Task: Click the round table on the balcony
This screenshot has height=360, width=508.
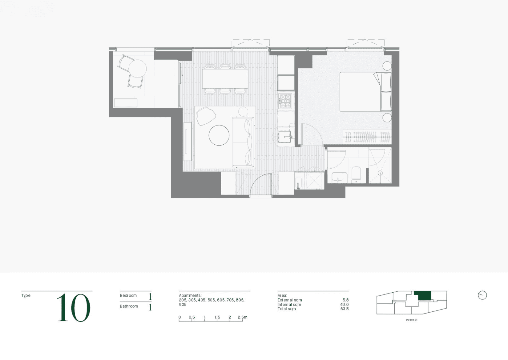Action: coord(137,69)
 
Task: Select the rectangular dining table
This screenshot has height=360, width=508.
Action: coord(225,78)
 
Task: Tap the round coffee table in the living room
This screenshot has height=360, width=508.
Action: coord(219,135)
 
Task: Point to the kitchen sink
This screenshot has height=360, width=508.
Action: coord(285,137)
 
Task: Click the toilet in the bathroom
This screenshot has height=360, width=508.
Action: coord(356,175)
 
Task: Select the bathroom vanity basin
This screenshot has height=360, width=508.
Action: coord(339,178)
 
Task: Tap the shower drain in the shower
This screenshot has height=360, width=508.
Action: coord(380,173)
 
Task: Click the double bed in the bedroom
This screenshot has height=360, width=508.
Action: coord(365,92)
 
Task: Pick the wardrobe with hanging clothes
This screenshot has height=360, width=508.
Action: coord(367,137)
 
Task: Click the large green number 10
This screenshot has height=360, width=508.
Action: coord(74,308)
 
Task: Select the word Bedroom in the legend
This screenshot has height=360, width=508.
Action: coord(128,295)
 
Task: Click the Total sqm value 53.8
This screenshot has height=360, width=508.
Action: coord(344,309)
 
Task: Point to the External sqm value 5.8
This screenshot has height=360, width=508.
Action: coord(346,300)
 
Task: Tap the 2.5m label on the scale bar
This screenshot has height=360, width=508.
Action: coord(242,317)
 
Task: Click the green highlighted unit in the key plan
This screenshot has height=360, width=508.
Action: coord(422,296)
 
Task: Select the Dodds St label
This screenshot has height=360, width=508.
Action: coord(412,320)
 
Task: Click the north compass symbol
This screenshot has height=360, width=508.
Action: coord(482,295)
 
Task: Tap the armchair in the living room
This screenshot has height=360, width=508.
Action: coord(206,116)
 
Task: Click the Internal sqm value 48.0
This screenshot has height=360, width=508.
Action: coord(344,304)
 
